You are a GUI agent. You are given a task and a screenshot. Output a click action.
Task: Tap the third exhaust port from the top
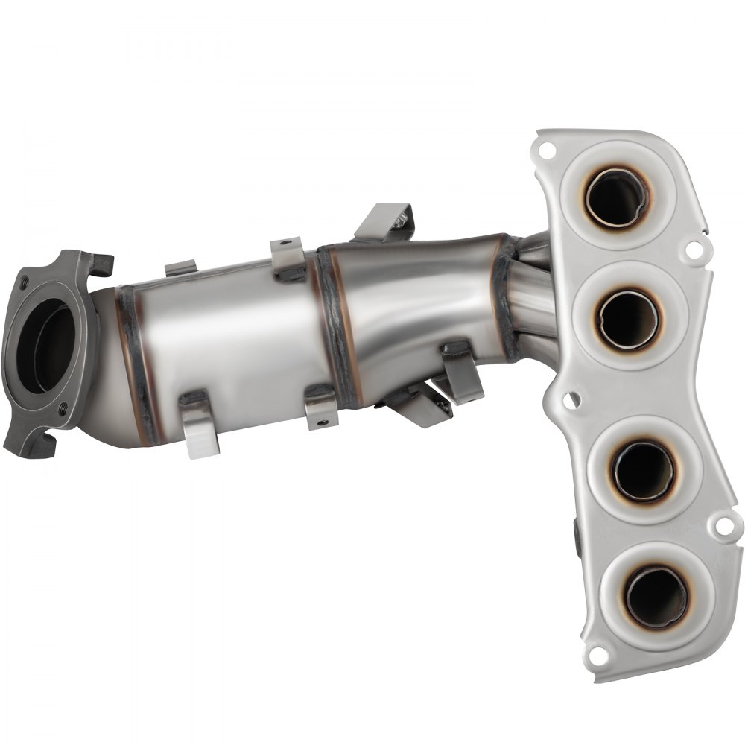pyautogui.click(x=643, y=471)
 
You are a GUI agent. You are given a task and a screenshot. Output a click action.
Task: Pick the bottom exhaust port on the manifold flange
pyautogui.click(x=656, y=597)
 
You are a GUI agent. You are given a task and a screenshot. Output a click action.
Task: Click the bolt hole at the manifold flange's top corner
pyautogui.click(x=547, y=150)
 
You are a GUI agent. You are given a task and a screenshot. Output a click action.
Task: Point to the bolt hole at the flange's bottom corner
pyautogui.click(x=596, y=656)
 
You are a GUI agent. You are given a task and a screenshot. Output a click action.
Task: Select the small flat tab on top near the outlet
pyautogui.click(x=180, y=267)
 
